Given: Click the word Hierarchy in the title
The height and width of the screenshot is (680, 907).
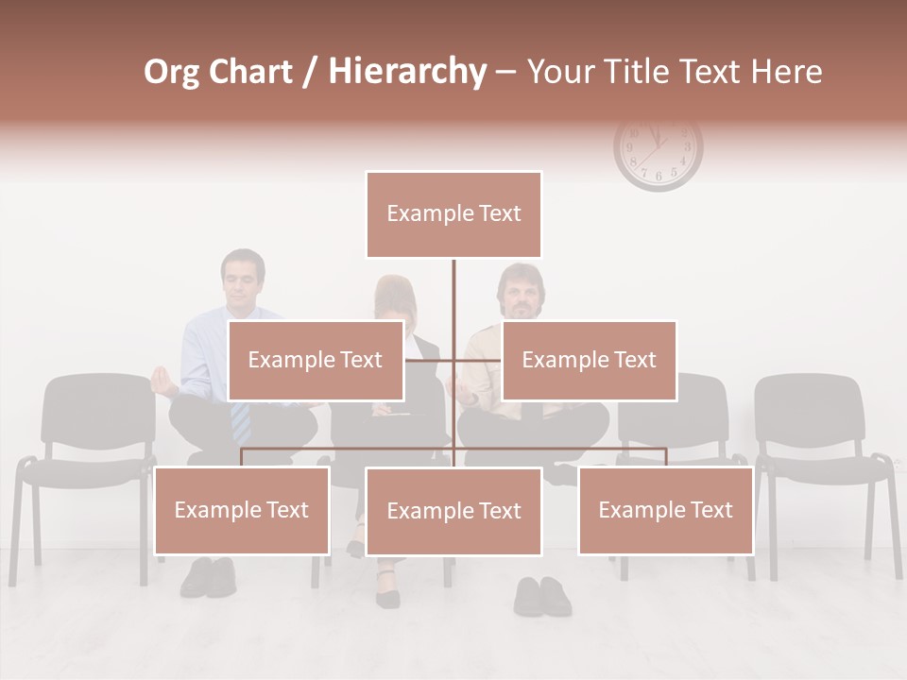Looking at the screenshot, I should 407,71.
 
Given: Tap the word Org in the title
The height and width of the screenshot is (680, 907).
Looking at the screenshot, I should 171,72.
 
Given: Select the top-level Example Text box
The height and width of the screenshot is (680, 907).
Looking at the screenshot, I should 453,214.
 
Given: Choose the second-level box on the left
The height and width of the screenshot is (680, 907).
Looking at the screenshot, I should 316,360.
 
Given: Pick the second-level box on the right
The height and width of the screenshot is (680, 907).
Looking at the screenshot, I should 589,360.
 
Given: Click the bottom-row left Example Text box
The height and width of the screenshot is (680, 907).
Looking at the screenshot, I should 242,510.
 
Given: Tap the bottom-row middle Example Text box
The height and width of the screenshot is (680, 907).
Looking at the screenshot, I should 453,511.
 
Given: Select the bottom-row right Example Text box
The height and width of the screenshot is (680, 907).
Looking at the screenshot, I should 665,510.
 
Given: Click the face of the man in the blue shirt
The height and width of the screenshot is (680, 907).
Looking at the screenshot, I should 243,280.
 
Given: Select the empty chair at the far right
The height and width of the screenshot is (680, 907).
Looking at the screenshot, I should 822,444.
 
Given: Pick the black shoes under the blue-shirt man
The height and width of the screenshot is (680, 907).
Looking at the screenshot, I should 208,576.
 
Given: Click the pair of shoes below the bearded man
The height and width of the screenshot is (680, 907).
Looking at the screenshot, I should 542,596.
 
